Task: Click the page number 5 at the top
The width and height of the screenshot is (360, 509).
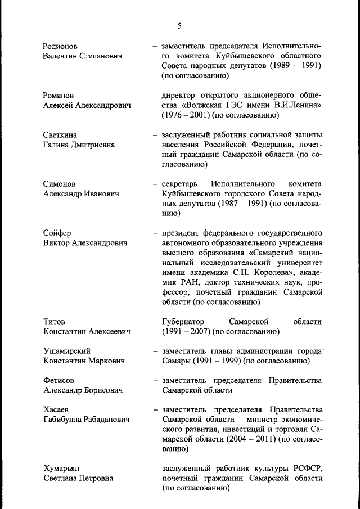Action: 179,26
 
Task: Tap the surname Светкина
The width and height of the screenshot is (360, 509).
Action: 60,135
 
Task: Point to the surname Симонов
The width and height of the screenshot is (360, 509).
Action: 59,184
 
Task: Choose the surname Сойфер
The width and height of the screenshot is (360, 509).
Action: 57,233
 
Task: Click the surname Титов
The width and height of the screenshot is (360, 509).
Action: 55,321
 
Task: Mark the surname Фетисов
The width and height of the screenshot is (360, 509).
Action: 58,380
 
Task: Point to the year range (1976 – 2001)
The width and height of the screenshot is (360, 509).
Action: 186,115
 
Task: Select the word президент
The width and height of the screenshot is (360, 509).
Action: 181,233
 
